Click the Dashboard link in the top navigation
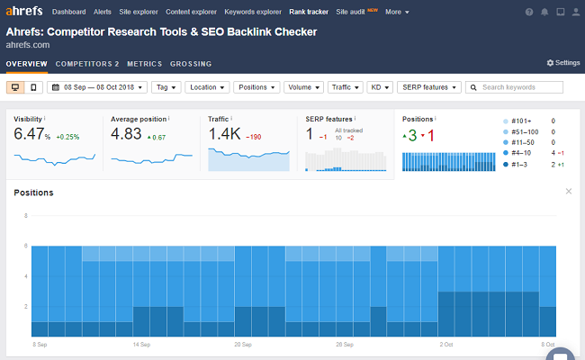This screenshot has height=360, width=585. tap(69, 12)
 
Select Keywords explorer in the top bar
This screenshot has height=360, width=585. tap(253, 12)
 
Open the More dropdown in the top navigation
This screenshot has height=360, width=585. tap(396, 12)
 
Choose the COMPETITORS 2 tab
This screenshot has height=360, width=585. tap(86, 64)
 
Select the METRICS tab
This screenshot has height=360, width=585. tap(144, 64)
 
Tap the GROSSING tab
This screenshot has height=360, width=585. tap(191, 64)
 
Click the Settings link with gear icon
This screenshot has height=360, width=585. tap(563, 63)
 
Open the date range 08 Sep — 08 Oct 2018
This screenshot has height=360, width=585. tap(99, 87)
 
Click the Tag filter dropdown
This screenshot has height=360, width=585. tap(166, 87)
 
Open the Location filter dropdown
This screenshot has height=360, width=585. tap(207, 87)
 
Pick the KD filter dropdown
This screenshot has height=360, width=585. tap(380, 87)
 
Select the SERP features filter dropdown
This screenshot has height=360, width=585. tap(428, 87)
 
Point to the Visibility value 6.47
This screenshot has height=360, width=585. tap(32, 134)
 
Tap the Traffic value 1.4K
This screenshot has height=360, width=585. tap(225, 134)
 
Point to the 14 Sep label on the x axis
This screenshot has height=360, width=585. tap(140, 345)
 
